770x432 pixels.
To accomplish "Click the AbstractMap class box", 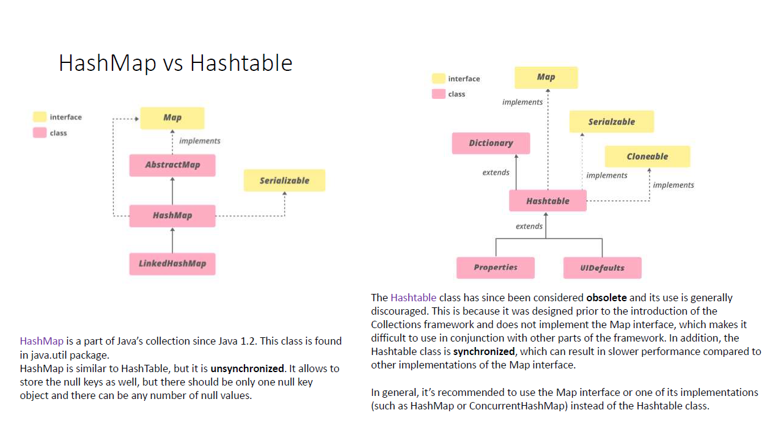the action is tap(172, 165).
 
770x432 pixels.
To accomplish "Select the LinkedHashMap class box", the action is tap(172, 263).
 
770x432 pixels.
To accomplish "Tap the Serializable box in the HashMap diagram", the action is tap(284, 180).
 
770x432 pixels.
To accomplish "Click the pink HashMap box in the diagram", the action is tap(172, 216).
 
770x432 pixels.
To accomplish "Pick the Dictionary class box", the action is tap(491, 143).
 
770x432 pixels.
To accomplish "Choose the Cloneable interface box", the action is tap(647, 156).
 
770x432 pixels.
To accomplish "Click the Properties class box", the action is tap(496, 268).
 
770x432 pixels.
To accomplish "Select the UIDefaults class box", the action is tap(602, 268).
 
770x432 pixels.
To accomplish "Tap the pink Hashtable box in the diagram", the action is tap(548, 200).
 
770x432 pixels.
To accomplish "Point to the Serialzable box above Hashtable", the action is tap(611, 122).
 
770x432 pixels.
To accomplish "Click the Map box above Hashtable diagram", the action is tap(546, 77).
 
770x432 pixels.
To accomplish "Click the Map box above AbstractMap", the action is tap(172, 117).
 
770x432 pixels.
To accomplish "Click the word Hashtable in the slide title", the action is tap(241, 63).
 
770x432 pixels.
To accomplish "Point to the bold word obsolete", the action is tap(606, 298).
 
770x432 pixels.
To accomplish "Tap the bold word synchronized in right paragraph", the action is tap(484, 351).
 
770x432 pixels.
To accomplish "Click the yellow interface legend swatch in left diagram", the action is tap(40, 117).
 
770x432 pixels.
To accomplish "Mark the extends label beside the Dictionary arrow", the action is tap(496, 172).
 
